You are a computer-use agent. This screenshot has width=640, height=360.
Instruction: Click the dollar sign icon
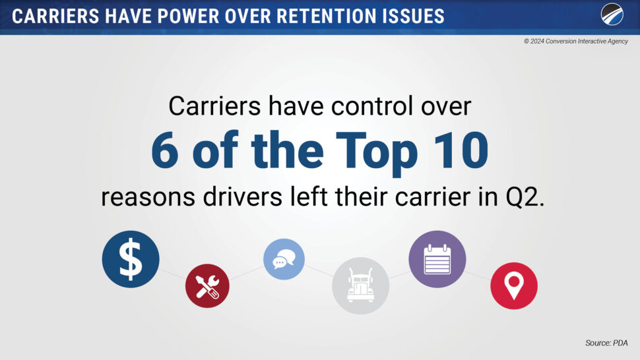(x=131, y=259)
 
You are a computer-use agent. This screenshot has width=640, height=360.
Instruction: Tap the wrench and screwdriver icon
(x=207, y=285)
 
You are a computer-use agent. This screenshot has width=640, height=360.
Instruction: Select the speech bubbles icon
(x=284, y=259)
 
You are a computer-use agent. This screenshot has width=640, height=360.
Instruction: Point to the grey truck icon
(x=360, y=285)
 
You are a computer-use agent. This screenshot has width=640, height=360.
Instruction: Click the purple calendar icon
(x=437, y=259)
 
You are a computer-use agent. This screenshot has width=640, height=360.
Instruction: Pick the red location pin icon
(x=514, y=285)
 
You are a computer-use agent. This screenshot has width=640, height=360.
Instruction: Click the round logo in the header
(x=612, y=15)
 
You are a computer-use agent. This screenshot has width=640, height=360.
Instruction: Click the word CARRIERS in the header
(x=55, y=16)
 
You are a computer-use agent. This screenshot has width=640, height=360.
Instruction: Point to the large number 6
(x=165, y=150)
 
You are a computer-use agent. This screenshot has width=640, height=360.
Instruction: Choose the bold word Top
(x=377, y=154)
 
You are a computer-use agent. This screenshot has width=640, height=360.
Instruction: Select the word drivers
(x=242, y=197)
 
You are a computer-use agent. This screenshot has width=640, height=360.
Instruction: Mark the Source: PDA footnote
(x=606, y=343)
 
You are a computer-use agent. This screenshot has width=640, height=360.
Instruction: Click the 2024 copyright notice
(x=576, y=41)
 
